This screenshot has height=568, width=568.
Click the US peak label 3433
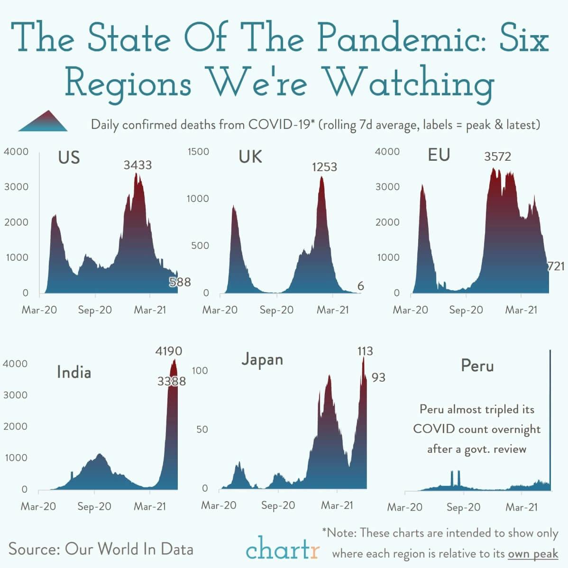pos(137,165)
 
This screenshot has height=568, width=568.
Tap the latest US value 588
pos(180,282)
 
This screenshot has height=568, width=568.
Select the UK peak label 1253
pos(324,167)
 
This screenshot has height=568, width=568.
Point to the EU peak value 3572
pos(497,156)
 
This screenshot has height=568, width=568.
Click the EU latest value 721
pos(556,266)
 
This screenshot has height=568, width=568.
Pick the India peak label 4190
pos(168,351)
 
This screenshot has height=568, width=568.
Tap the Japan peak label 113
pos(365,351)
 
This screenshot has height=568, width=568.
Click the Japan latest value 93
pos(378,377)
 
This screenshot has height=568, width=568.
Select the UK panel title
pos(250,156)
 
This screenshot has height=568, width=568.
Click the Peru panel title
pos(477,366)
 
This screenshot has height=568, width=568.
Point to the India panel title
pos(73,372)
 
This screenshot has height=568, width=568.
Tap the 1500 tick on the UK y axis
pos(198,152)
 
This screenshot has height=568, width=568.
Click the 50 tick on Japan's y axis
pos(202,430)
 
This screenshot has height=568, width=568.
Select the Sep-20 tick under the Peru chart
pos(463,507)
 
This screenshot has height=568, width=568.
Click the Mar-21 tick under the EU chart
pos(521,310)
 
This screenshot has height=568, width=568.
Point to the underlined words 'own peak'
pos(533,554)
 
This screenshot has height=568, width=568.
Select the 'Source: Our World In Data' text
pos(101,549)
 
